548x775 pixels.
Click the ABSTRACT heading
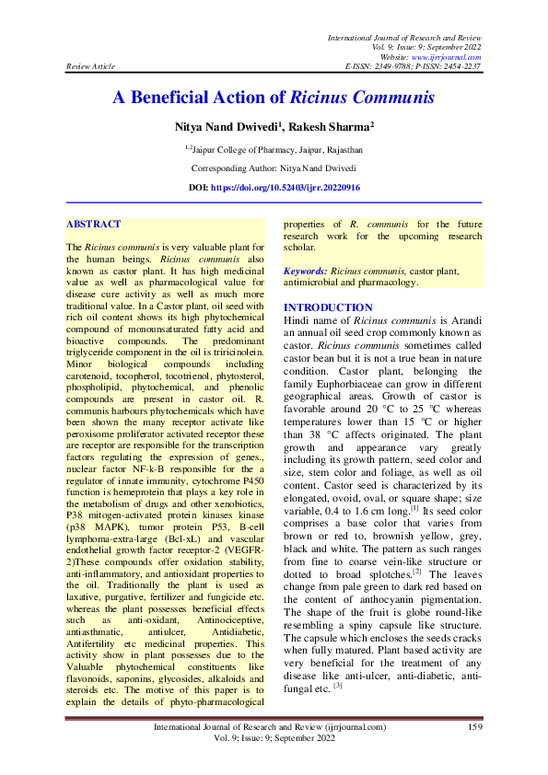click(x=94, y=224)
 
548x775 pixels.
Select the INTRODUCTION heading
click(x=328, y=307)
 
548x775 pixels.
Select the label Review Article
click(x=91, y=66)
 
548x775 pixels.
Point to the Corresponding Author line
click(x=274, y=168)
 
